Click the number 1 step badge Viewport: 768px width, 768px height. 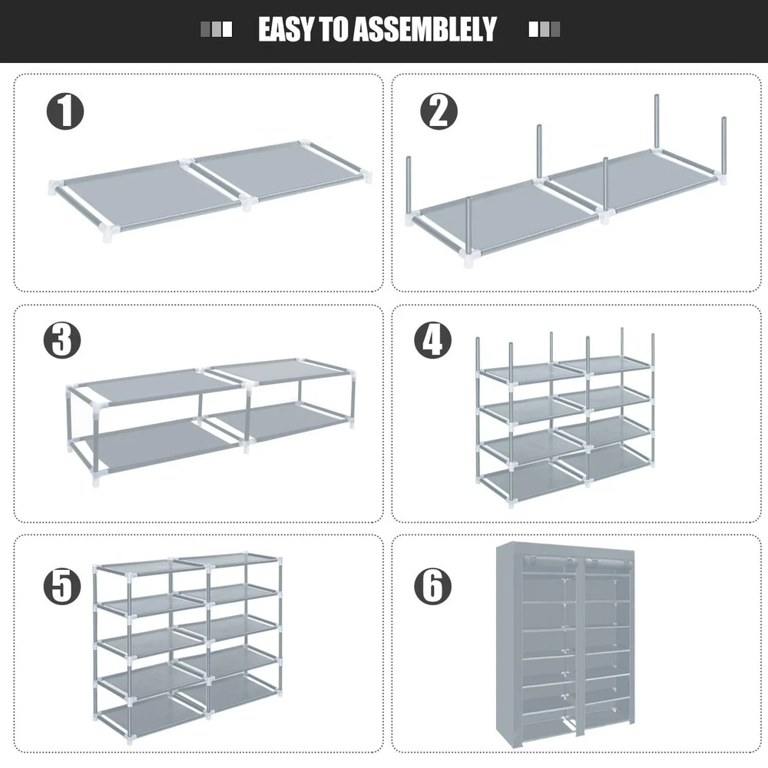click(65, 111)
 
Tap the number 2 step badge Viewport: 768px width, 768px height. click(439, 111)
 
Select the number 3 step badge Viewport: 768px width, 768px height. click(62, 340)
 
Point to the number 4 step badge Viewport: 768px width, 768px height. click(433, 340)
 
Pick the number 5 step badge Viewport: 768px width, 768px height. click(62, 586)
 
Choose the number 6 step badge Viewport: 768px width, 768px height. click(433, 586)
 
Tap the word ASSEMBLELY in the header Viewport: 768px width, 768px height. click(425, 29)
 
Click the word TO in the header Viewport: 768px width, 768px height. click(335, 29)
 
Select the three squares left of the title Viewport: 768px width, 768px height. click(217, 29)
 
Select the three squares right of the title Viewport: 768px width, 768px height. click(545, 29)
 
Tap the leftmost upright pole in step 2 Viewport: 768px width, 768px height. click(409, 186)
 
